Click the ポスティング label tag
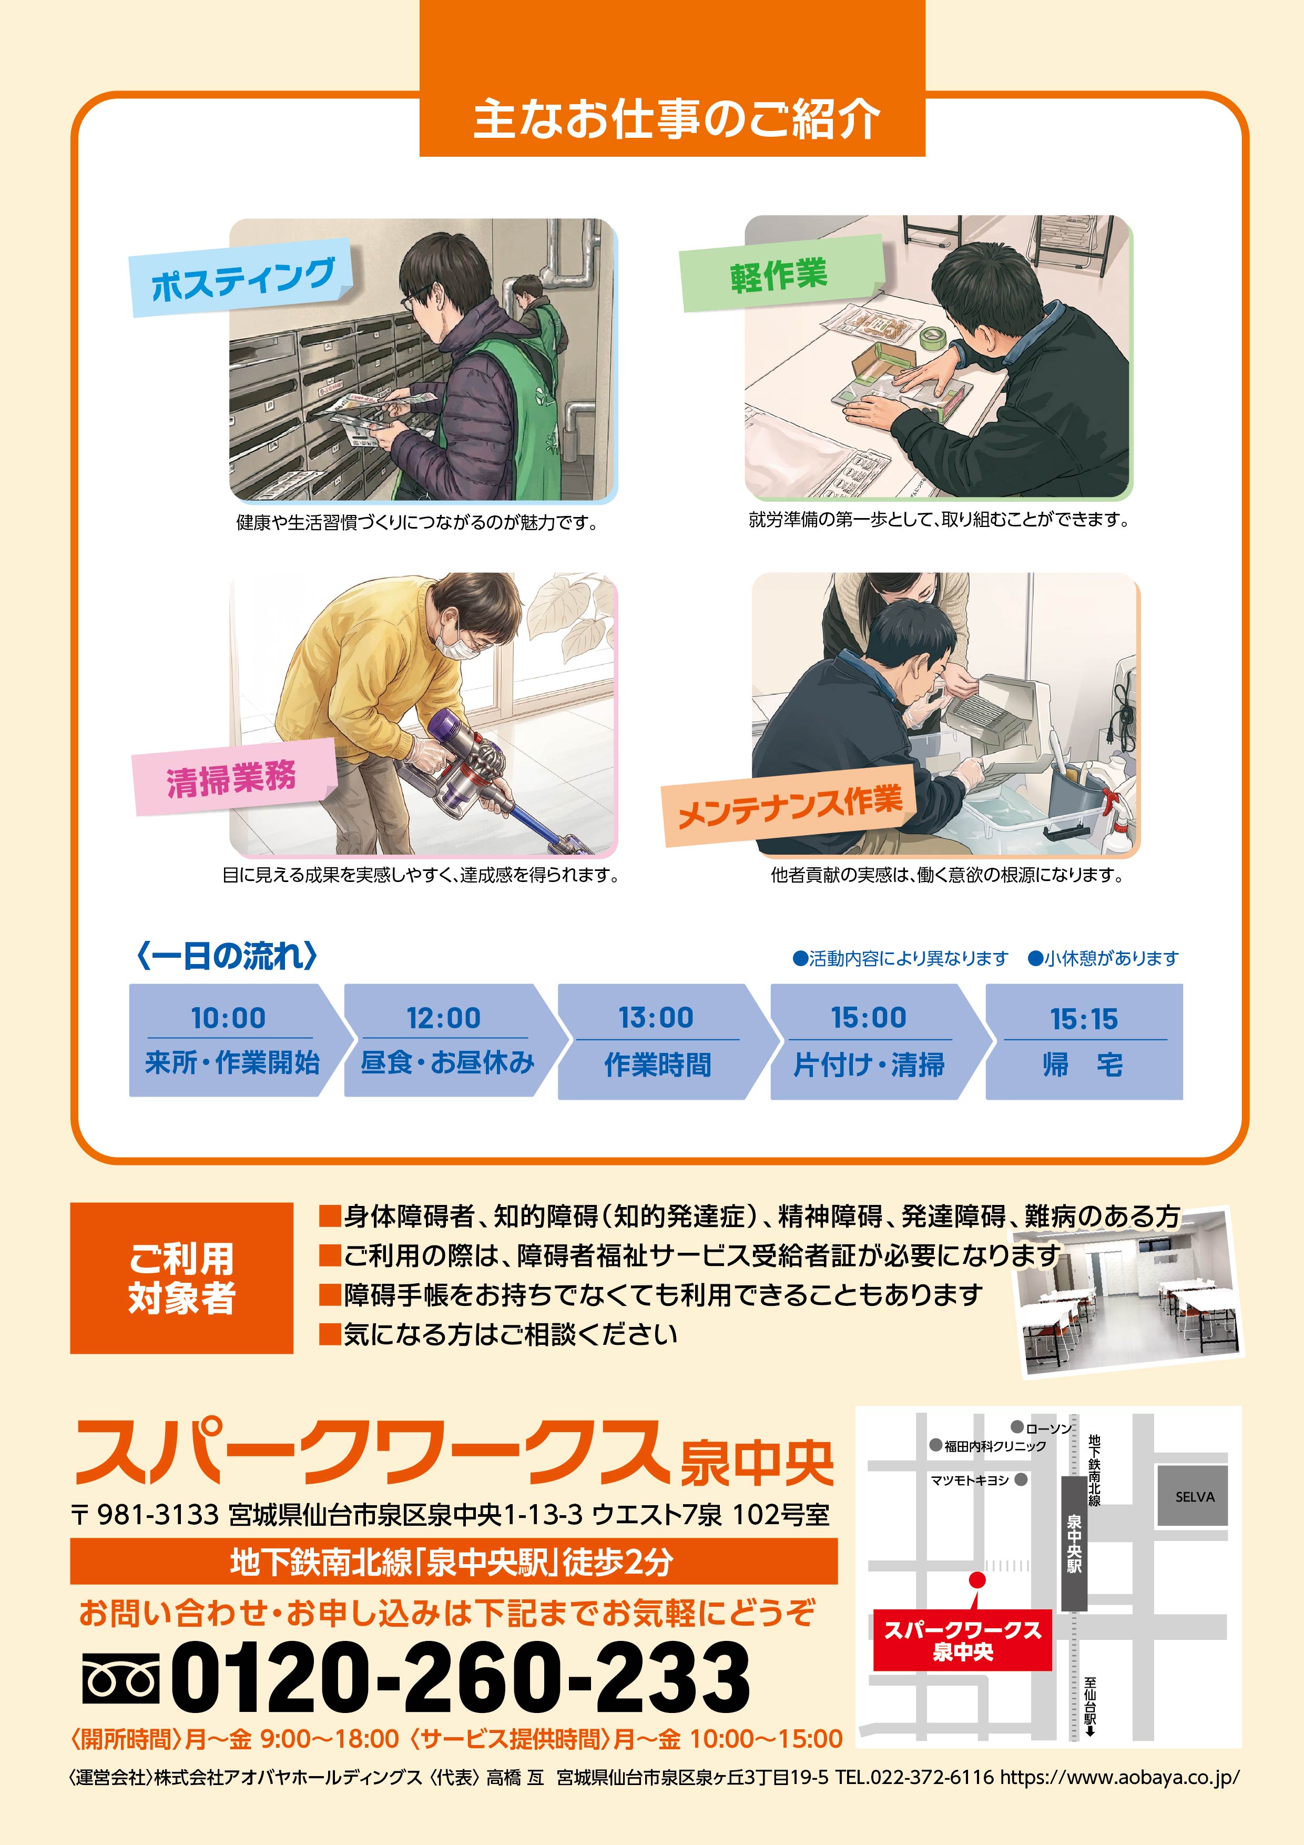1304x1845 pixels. coord(242,277)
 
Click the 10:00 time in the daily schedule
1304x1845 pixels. coord(228,1018)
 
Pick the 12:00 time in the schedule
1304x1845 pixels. coord(443,1018)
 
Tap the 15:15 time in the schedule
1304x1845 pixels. coord(1084,1019)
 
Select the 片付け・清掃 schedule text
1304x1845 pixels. coord(869,1065)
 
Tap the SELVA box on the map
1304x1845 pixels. coord(1193,1496)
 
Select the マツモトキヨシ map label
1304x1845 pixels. coord(970,1479)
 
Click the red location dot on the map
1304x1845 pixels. coord(977,1580)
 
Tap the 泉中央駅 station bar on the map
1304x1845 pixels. coord(1074,1543)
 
